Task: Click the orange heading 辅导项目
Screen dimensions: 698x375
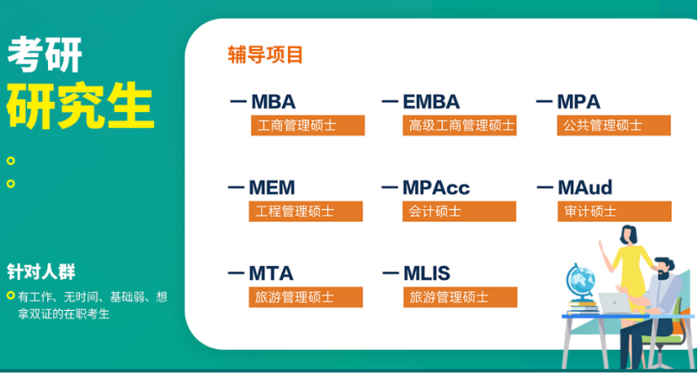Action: [x=265, y=55]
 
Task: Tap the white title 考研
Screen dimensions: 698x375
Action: [x=45, y=54]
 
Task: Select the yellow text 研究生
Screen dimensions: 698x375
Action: [x=80, y=105]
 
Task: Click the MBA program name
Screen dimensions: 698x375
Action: [x=274, y=101]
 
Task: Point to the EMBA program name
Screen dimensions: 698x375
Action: [x=431, y=101]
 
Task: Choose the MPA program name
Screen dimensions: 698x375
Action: [x=578, y=101]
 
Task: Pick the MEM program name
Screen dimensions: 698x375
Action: [x=272, y=187]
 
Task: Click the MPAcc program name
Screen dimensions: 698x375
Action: [x=436, y=187]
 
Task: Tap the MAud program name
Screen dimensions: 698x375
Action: [x=585, y=187]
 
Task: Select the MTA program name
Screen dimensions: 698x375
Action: [x=271, y=274]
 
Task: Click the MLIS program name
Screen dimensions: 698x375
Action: [x=427, y=274]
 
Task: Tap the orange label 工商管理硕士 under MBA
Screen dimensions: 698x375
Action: [x=308, y=126]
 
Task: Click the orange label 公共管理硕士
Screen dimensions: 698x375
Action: [x=614, y=126]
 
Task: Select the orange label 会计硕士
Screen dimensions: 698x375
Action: [x=460, y=212]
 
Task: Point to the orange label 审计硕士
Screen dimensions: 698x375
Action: [x=615, y=212]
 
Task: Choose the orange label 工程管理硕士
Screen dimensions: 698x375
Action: [x=306, y=212]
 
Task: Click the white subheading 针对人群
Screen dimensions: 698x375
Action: [x=41, y=271]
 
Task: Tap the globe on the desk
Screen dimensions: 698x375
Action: [x=580, y=281]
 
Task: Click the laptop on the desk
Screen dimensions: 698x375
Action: [x=615, y=303]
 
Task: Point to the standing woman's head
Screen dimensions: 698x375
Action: [x=629, y=234]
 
